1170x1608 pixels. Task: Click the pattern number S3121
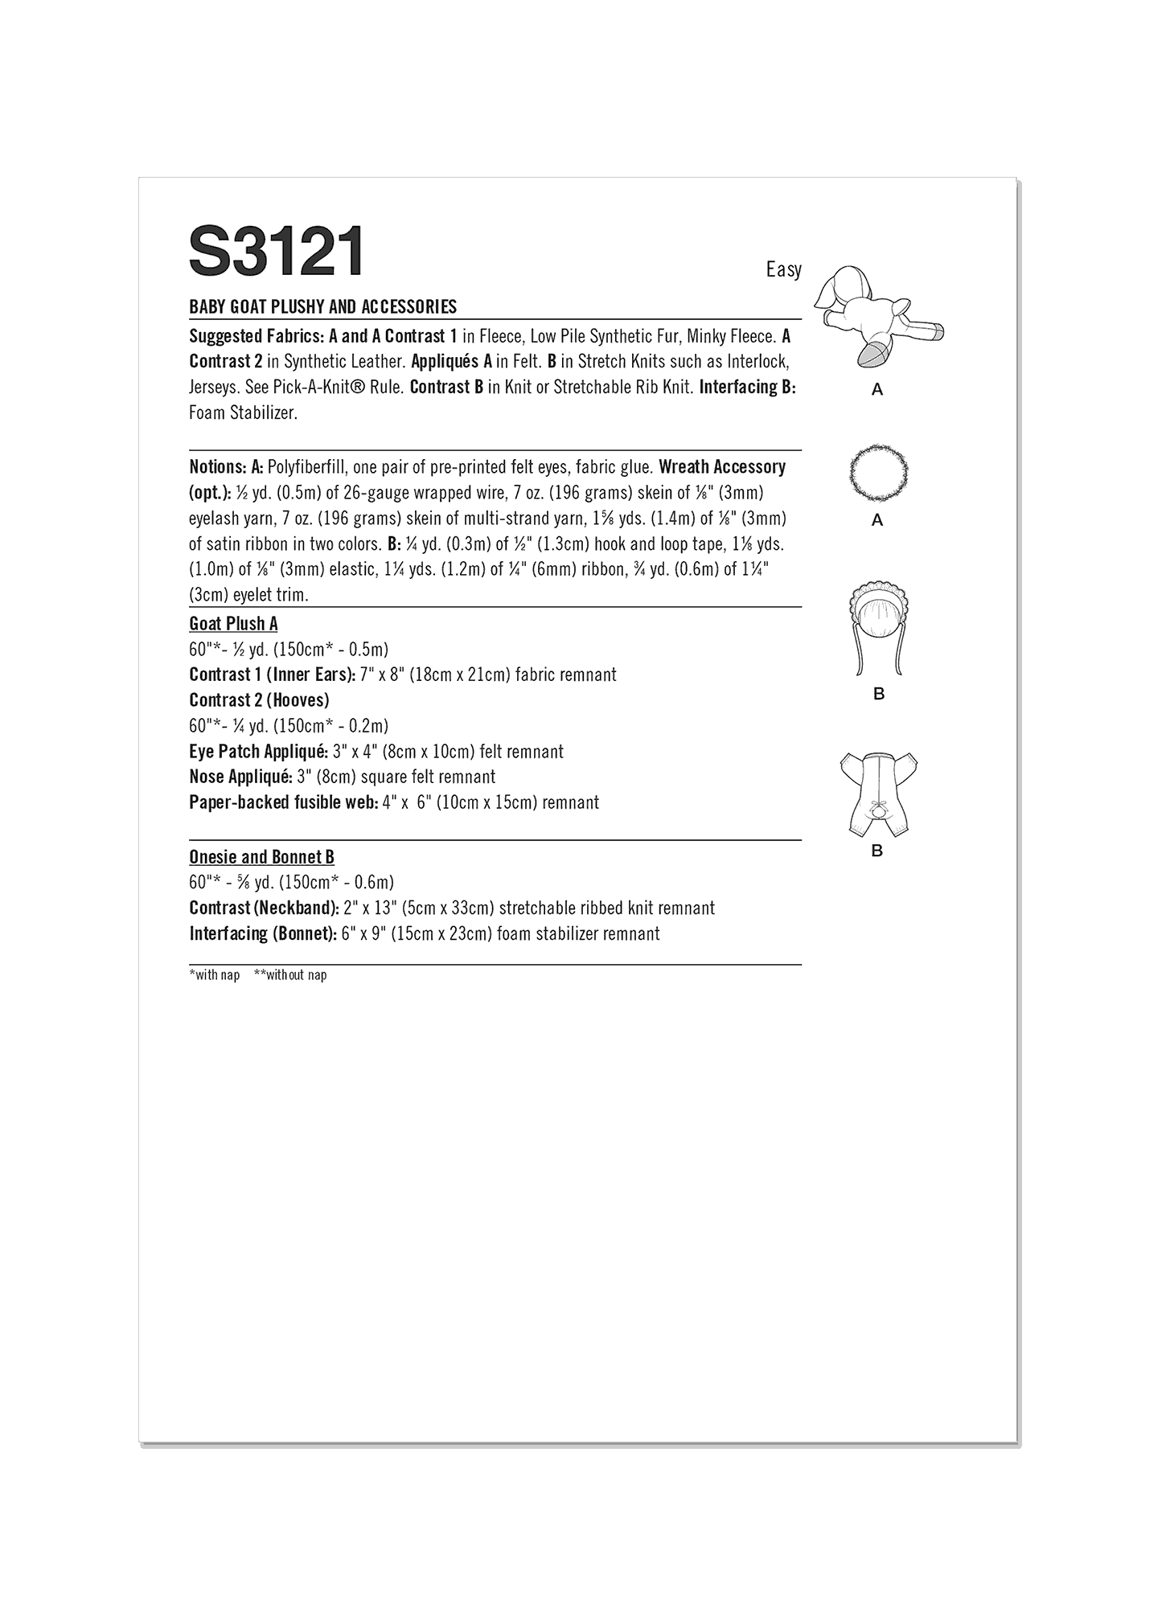tap(276, 252)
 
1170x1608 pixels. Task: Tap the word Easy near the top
tap(783, 269)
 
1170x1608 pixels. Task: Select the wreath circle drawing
tap(878, 470)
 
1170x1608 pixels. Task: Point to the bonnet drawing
tap(878, 627)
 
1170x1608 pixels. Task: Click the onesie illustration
tap(878, 792)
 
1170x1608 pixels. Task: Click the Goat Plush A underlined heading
tap(233, 624)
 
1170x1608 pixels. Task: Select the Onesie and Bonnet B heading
tap(261, 857)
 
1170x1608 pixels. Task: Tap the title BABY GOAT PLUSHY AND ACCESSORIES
tap(322, 306)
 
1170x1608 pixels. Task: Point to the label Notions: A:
tap(226, 467)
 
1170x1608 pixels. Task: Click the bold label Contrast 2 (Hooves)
tap(259, 700)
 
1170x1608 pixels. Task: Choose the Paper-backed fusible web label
tap(282, 802)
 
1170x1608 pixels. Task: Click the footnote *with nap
tap(214, 975)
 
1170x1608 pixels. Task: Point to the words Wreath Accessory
tap(721, 467)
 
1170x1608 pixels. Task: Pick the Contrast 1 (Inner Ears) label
tap(272, 675)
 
